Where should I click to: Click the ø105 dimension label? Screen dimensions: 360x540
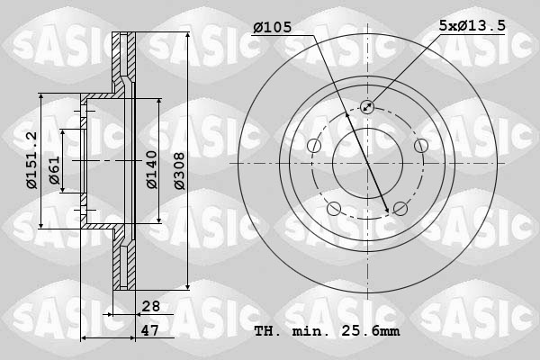(x=272, y=28)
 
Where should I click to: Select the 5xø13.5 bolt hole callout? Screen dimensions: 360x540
(x=472, y=28)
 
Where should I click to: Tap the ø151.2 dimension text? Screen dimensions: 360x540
(x=31, y=160)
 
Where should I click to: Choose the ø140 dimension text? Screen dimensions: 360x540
(x=151, y=169)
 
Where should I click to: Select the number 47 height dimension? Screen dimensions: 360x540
(x=151, y=330)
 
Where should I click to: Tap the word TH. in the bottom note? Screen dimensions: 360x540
(x=266, y=331)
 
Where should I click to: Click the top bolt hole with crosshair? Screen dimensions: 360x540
(x=367, y=107)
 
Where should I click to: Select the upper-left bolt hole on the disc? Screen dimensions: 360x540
(x=314, y=147)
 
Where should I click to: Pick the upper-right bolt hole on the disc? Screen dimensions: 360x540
(x=420, y=146)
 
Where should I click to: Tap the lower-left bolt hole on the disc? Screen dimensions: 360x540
(x=334, y=209)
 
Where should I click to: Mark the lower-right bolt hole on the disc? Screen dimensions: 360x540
(x=400, y=209)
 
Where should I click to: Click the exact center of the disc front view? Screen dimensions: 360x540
(x=367, y=163)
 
